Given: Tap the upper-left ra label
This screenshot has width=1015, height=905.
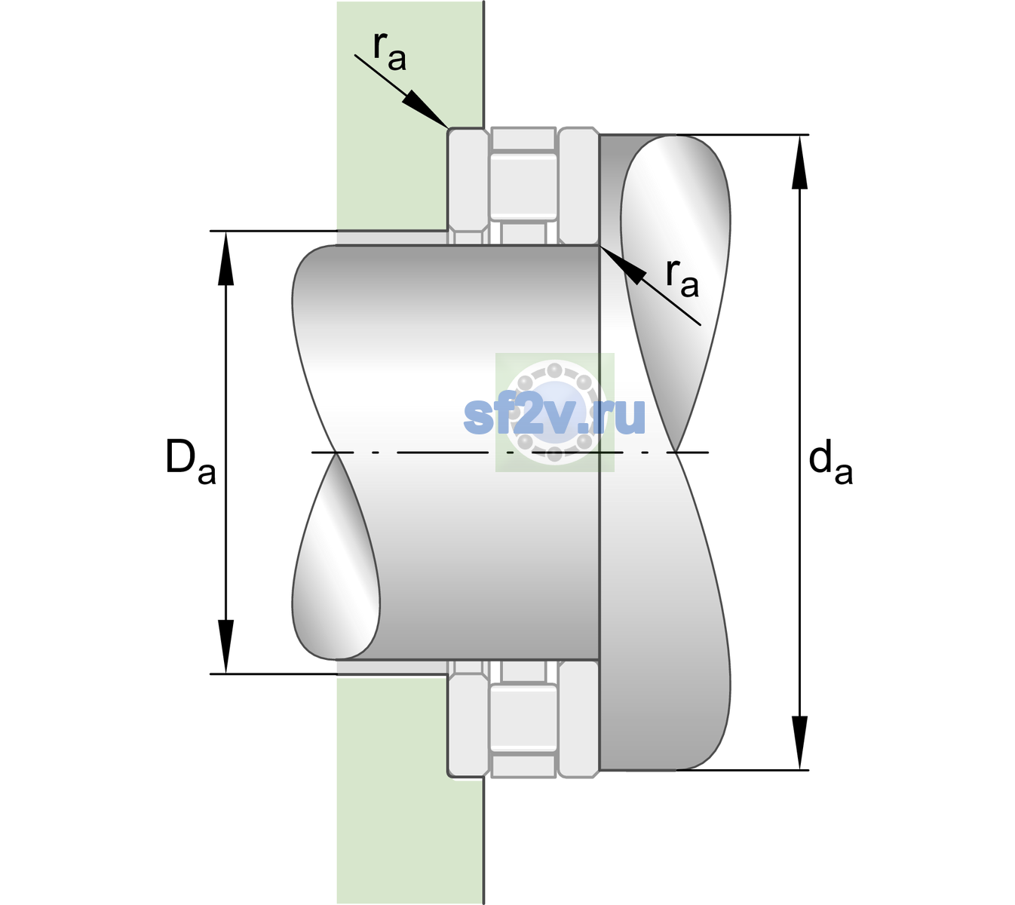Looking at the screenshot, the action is (389, 51).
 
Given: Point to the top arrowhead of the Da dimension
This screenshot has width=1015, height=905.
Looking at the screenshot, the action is (226, 259).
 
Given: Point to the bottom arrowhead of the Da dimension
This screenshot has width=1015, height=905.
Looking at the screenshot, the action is (226, 646).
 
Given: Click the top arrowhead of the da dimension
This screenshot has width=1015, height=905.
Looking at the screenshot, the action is (799, 162).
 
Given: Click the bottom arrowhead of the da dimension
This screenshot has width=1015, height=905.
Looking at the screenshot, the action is (799, 742).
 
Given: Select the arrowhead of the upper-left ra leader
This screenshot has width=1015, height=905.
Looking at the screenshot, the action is (425, 109).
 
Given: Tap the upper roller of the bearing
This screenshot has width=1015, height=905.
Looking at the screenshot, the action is (523, 186).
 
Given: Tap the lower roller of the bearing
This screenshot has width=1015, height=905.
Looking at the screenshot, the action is (523, 717).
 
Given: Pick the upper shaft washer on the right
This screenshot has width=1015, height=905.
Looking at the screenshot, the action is (578, 186).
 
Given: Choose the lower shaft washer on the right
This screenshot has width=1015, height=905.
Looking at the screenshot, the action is (578, 719).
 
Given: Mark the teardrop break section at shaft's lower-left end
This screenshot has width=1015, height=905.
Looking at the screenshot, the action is (336, 557).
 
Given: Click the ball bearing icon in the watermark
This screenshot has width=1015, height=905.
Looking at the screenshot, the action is (554, 413).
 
